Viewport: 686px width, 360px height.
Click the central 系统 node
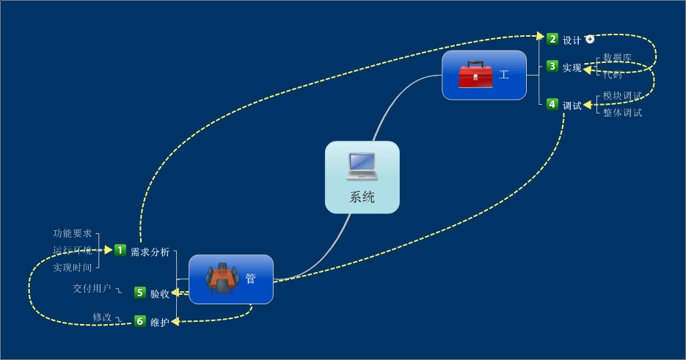pos(362,177)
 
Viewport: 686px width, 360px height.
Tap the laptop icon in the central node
pos(362,166)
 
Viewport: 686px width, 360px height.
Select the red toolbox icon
pos(475,75)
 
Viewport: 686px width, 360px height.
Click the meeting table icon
pos(222,279)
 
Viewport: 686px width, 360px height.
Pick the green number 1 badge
pos(120,251)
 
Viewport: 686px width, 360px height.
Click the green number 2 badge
pos(552,39)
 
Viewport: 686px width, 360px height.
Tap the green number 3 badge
pos(552,67)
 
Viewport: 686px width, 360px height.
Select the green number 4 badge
pos(552,104)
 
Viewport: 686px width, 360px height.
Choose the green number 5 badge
pos(140,293)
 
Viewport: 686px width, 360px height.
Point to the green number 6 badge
pos(140,321)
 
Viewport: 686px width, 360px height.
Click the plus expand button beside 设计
pos(590,39)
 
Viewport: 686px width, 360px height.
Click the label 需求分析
pos(150,252)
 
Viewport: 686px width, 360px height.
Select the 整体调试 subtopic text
pos(622,113)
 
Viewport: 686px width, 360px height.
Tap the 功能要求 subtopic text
pos(72,234)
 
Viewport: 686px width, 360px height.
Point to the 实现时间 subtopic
pos(72,268)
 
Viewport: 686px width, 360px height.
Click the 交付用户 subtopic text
pos(92,288)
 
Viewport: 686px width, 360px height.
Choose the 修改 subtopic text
pos(102,317)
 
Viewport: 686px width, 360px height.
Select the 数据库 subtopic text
pos(617,58)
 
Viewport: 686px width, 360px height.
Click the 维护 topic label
pos(160,323)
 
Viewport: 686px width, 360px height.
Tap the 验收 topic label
pos(160,294)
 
